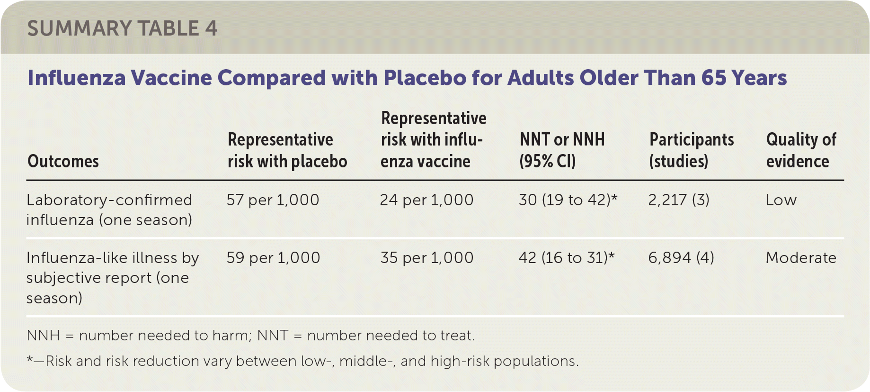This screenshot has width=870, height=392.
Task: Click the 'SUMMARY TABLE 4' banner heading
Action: click(122, 28)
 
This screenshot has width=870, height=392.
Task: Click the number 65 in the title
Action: click(713, 78)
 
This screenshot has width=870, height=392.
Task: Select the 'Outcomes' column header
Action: click(63, 162)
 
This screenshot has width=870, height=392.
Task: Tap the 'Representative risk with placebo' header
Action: click(287, 150)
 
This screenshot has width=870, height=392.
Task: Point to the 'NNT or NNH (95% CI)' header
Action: click(562, 150)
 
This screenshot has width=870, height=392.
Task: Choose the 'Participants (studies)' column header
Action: click(692, 150)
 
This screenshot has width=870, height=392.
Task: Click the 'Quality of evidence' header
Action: click(801, 150)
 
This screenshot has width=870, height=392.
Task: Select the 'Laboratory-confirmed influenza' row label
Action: click(109, 210)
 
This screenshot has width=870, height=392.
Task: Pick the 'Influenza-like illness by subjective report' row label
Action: click(113, 278)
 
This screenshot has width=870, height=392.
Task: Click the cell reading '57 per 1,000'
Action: click(273, 200)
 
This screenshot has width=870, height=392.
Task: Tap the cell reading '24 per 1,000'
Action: click(426, 200)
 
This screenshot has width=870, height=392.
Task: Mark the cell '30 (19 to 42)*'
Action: click(568, 200)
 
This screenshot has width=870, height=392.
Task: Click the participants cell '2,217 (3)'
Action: click(679, 200)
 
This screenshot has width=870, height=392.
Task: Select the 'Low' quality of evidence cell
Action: click(781, 200)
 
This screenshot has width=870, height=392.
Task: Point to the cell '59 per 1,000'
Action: click(273, 258)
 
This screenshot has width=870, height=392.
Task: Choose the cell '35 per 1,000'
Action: click(427, 258)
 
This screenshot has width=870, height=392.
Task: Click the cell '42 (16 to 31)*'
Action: click(567, 258)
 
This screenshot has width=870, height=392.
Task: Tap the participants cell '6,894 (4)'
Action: click(681, 258)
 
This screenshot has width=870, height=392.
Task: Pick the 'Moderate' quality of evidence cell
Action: click(801, 258)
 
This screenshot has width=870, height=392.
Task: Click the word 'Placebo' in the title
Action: click(425, 78)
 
